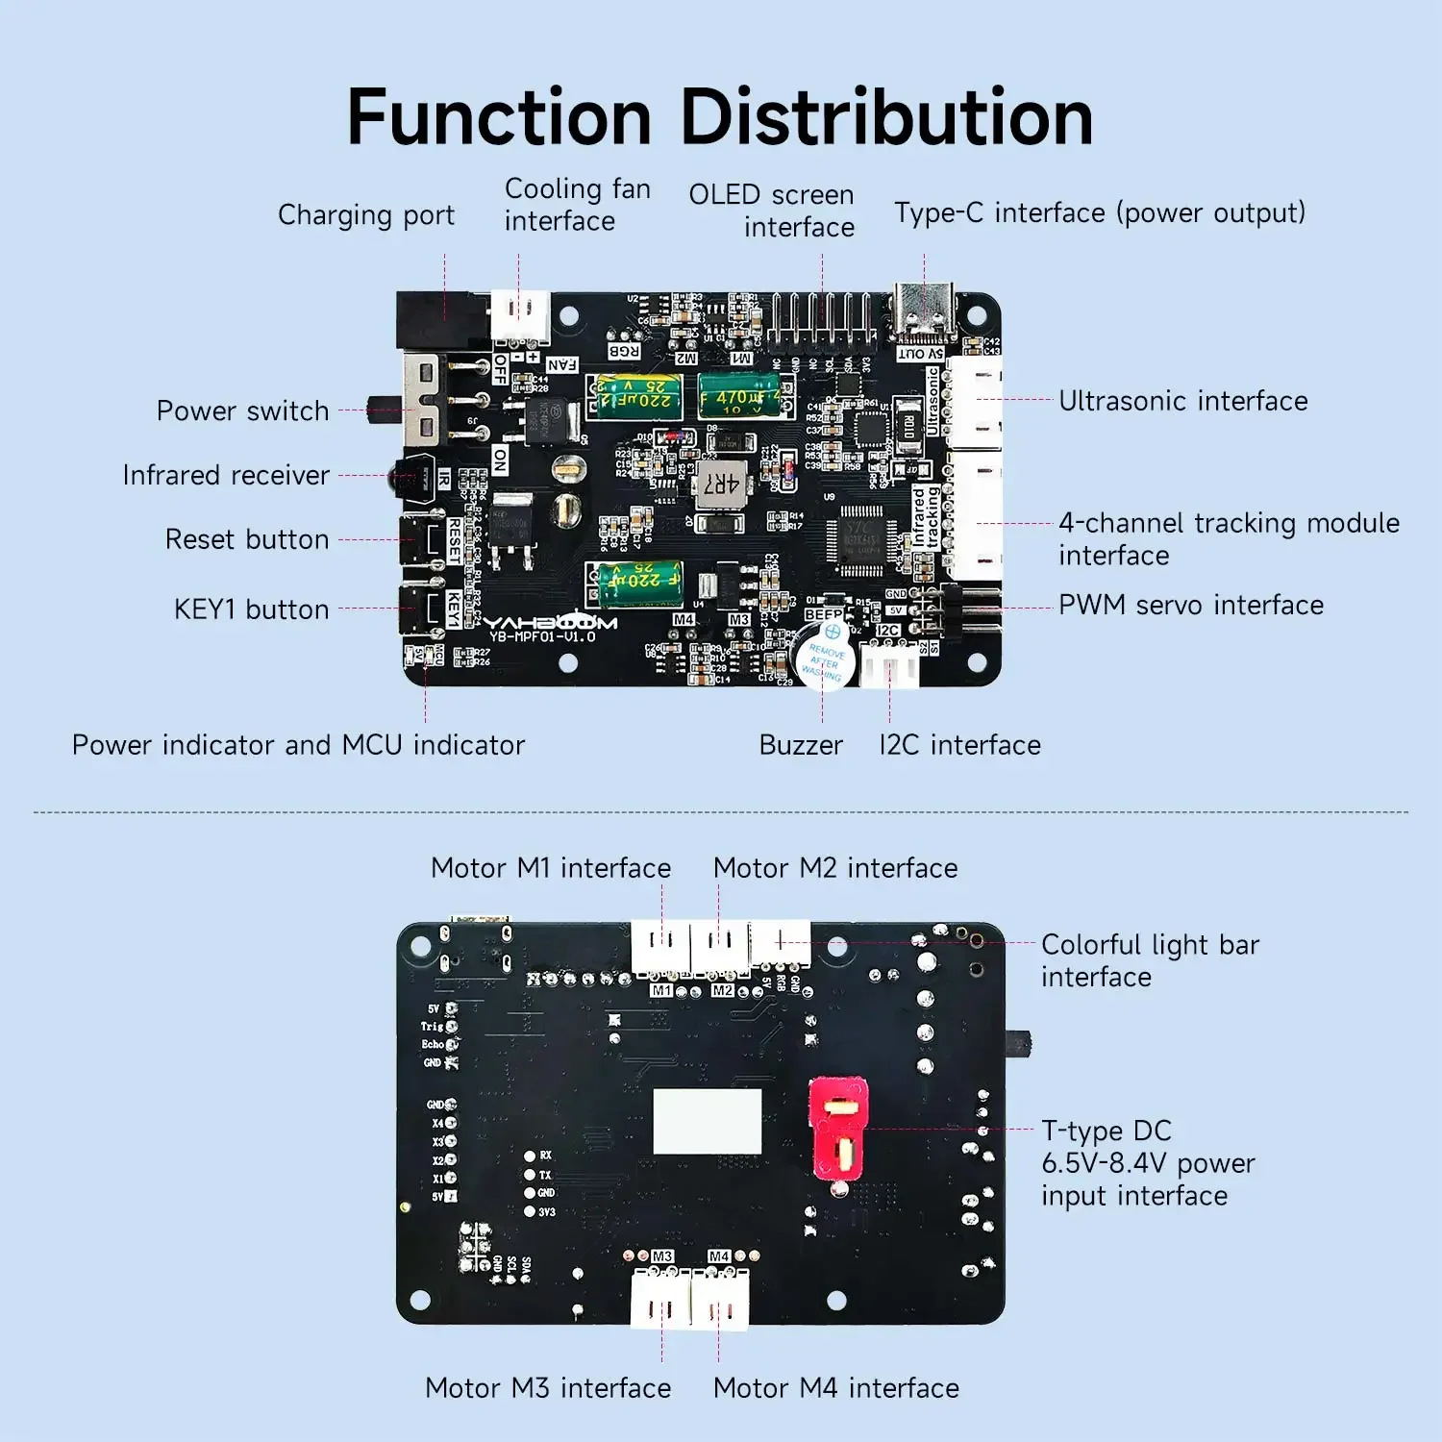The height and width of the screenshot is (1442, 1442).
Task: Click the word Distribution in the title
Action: [x=886, y=117]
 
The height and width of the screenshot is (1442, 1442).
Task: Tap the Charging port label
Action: [x=366, y=214]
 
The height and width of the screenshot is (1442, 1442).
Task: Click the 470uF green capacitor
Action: [x=746, y=396]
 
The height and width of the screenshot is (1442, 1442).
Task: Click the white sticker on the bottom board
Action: [x=708, y=1121]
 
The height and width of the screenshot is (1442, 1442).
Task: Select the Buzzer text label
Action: [x=801, y=745]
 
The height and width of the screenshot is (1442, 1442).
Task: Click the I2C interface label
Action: [x=959, y=745]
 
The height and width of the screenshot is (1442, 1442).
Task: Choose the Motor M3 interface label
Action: [x=548, y=1388]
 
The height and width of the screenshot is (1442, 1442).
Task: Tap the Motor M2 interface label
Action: [x=835, y=868]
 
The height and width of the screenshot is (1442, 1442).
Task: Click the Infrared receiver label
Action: [x=226, y=475]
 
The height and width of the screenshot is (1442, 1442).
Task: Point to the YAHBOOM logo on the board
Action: [x=549, y=623]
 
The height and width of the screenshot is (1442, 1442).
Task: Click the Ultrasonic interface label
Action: [x=1182, y=401]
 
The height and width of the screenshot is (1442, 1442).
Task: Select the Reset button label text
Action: [x=247, y=539]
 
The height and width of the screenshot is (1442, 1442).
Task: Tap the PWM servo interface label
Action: [x=1191, y=605]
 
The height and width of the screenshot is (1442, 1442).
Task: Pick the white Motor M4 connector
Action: [x=720, y=1300]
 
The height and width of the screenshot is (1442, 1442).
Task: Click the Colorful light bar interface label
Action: [x=1150, y=960]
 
